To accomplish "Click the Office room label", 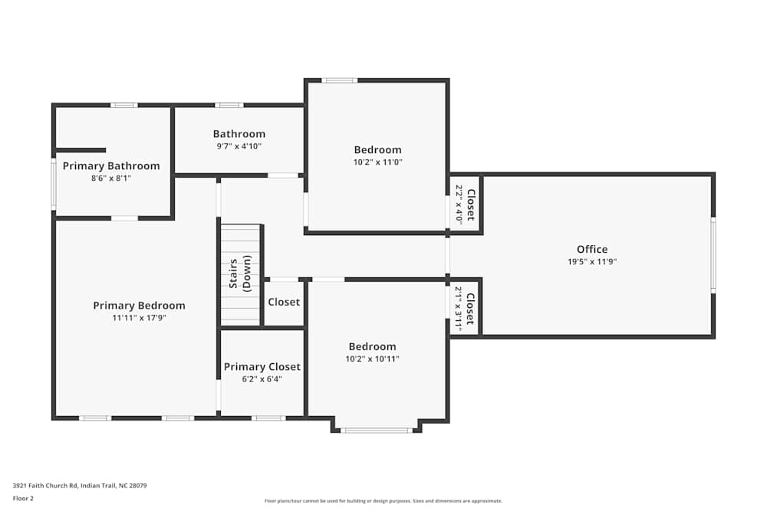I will tap(591, 249).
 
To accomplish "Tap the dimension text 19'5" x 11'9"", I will tap(591, 261).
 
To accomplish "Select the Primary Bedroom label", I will tap(139, 305).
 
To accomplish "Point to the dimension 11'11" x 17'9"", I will tap(139, 317).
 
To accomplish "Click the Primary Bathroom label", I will tap(111, 165).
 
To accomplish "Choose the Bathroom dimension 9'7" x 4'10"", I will tap(239, 146).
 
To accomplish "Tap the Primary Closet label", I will tap(262, 366).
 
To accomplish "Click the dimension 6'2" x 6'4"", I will tap(262, 378).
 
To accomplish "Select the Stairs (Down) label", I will tap(240, 275).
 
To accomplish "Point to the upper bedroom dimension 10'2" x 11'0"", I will tap(377, 162).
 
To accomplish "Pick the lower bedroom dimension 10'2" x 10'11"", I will tap(372, 359).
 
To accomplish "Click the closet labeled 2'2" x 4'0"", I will tap(466, 205).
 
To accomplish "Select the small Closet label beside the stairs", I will tap(284, 302).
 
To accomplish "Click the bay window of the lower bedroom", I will tap(376, 431).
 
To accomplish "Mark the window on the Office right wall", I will tap(713, 255).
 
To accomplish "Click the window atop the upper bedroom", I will tap(338, 80).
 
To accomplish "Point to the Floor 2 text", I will tap(23, 498).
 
